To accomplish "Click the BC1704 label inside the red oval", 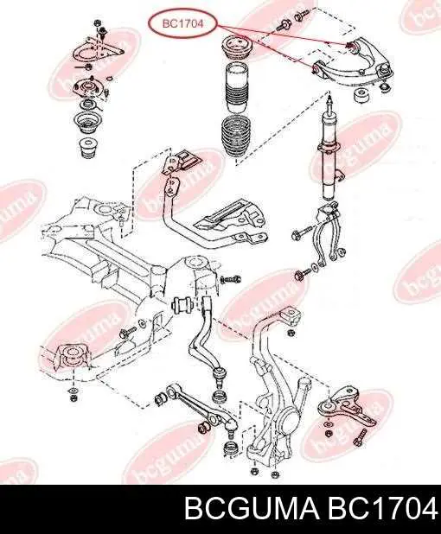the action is coord(182,23).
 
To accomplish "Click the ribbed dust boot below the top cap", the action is coord(236,88).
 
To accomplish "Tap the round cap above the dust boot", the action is coord(236,48).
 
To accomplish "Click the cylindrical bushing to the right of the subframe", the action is coord(182,304).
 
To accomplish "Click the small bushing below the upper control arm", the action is coord(362,96).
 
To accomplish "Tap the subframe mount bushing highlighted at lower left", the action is coord(73,357).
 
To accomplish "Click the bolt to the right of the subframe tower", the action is coord(231,279).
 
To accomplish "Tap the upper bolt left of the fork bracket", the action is coord(301,233).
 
